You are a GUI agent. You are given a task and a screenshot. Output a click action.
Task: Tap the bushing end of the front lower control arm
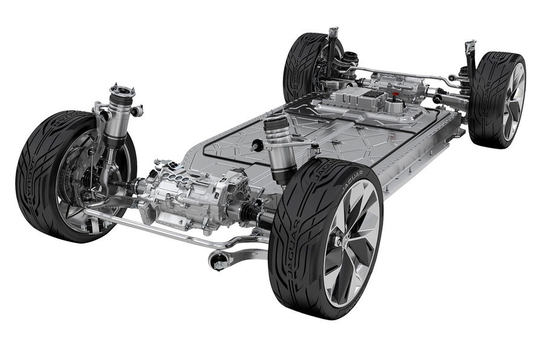(219, 262)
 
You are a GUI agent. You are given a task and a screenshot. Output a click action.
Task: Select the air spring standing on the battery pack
(281, 145)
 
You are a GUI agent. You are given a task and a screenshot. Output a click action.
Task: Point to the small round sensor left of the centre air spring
(256, 145)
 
